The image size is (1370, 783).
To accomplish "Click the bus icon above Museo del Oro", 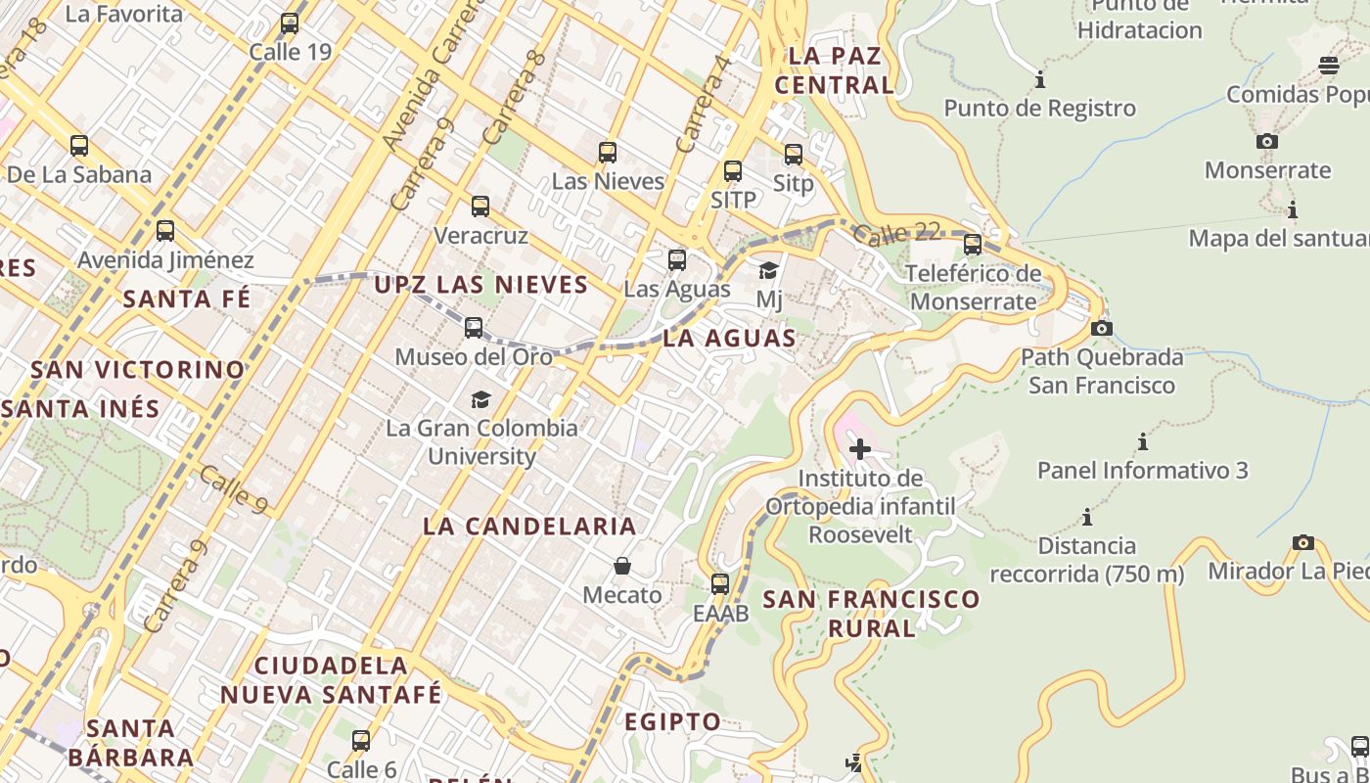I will (474, 327).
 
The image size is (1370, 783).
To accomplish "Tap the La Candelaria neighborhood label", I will (529, 526).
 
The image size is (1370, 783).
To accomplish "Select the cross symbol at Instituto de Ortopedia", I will (860, 449).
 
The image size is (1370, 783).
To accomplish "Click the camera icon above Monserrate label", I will (1267, 141).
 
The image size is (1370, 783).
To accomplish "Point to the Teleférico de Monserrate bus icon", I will (972, 244).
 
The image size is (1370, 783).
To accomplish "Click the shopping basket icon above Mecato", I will (622, 566).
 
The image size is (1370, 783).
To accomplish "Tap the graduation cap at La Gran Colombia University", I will (480, 399).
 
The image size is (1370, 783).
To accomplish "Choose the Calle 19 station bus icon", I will (290, 23).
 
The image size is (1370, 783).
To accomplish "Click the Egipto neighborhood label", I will (673, 722).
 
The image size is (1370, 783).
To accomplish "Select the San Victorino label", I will (138, 370).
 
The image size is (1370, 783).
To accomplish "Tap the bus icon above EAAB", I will (720, 584).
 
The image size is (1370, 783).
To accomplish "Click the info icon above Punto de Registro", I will (1040, 79).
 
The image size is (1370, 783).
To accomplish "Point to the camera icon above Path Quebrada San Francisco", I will (1102, 328).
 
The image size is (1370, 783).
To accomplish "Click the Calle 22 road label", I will (895, 234).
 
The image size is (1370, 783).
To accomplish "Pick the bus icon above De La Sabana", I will (79, 146).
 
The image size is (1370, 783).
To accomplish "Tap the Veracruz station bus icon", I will (480, 207).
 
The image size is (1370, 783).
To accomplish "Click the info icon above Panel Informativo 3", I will (1142, 441).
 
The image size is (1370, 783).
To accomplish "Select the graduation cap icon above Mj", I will (769, 270).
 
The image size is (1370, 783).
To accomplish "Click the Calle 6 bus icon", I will (361, 741).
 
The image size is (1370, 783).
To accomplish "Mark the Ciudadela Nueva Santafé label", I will (331, 679).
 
